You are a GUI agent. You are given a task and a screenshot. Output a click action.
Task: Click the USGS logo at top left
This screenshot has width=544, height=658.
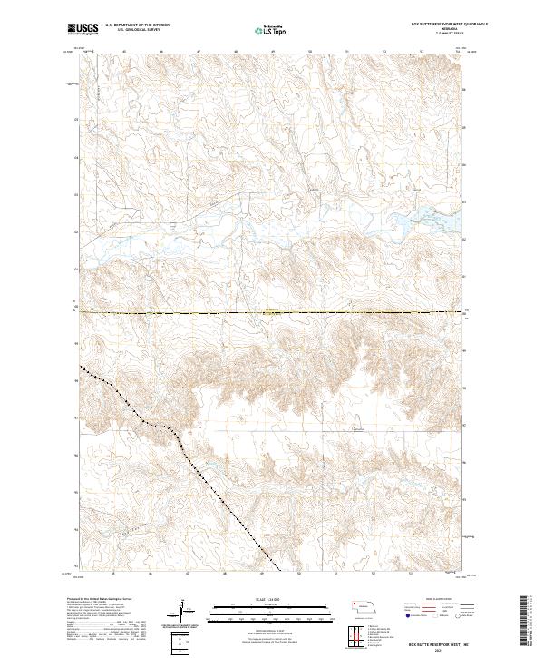tap(83, 29)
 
